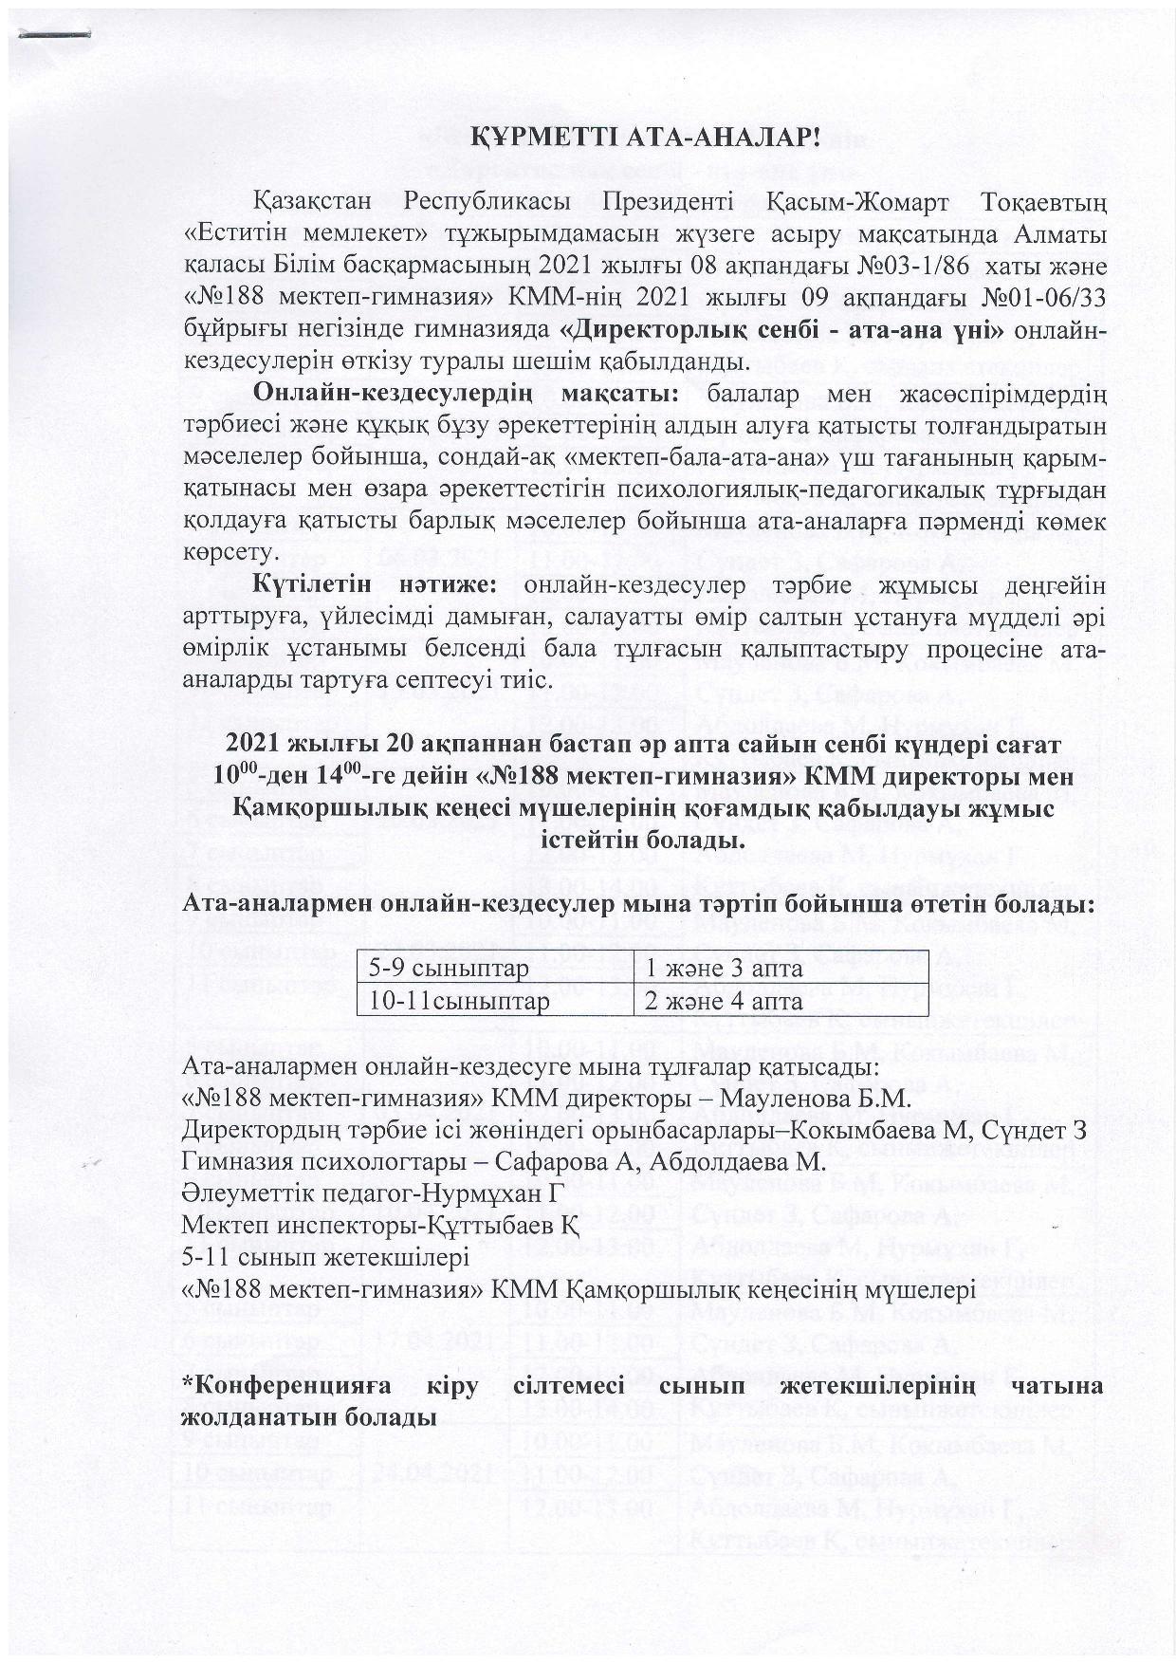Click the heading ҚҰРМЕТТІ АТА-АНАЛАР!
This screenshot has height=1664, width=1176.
point(645,137)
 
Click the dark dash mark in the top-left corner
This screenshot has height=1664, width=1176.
point(54,34)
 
